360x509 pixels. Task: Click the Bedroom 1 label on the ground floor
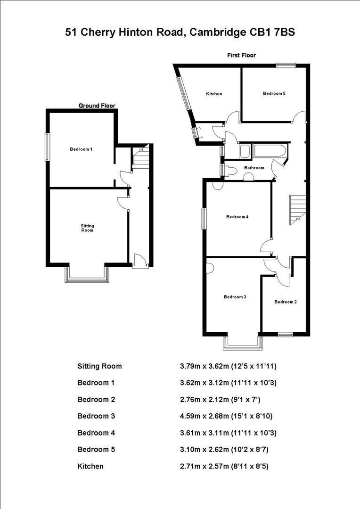(81, 149)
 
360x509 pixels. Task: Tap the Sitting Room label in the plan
(87, 228)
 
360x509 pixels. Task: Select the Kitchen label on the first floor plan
(214, 94)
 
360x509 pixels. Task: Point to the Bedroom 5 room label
(274, 93)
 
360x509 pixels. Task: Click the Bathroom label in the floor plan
(254, 168)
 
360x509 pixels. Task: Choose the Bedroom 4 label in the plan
(237, 217)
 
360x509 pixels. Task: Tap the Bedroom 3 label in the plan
(235, 297)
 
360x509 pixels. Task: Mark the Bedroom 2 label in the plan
(286, 302)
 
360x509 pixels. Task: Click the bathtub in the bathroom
(269, 151)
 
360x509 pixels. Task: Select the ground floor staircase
(140, 156)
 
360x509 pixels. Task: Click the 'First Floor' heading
(242, 55)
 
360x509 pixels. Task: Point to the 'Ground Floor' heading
(97, 106)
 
